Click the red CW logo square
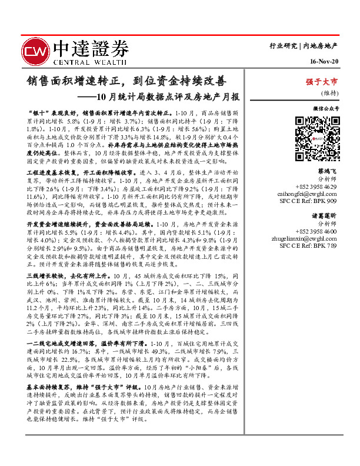[x=36, y=51]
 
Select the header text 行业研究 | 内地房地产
[x=304, y=45]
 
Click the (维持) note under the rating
[x=328, y=93]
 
